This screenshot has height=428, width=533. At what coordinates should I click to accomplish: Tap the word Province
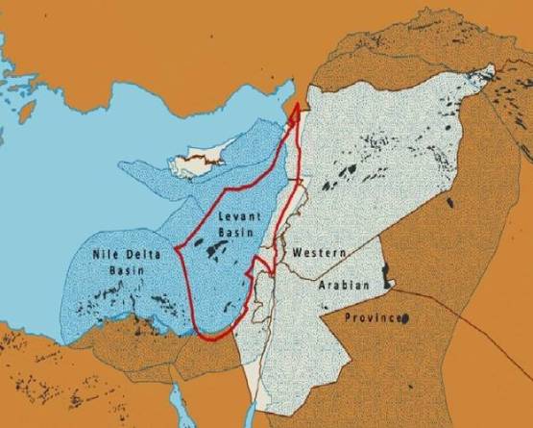(x=370, y=316)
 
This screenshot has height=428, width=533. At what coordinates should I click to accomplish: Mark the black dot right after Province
(x=406, y=316)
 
